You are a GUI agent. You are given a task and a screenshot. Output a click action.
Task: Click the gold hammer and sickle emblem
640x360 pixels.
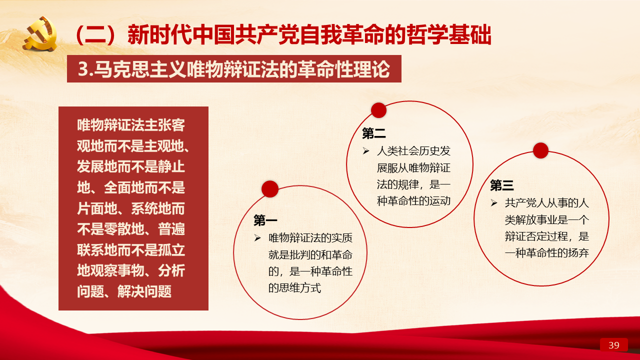(x=40, y=33)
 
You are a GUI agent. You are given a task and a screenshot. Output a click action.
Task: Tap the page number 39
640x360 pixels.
(x=613, y=345)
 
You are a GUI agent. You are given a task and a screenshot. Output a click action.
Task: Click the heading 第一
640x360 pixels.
(x=265, y=220)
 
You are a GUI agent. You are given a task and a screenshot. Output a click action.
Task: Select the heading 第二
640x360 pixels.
(x=373, y=133)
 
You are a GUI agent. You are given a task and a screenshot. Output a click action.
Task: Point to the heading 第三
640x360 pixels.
(x=501, y=185)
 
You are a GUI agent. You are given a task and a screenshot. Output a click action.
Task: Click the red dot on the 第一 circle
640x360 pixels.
(x=270, y=189)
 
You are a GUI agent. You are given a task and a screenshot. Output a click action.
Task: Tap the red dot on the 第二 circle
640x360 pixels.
(x=379, y=110)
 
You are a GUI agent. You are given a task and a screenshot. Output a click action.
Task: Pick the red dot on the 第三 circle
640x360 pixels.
(x=540, y=150)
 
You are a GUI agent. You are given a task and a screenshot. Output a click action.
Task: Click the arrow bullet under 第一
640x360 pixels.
(x=257, y=237)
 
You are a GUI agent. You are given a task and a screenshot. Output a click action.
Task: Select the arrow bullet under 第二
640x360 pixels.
(x=365, y=151)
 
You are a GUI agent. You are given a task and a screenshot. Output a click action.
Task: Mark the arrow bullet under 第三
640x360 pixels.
(x=494, y=203)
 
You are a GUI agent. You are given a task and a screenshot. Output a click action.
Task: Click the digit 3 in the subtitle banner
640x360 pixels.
(x=82, y=69)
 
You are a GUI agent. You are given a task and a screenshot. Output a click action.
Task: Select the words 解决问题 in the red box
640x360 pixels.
(x=144, y=291)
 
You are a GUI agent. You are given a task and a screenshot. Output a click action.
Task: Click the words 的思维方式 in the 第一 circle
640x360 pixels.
(x=294, y=288)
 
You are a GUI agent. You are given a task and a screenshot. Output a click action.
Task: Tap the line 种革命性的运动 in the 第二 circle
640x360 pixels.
(x=413, y=201)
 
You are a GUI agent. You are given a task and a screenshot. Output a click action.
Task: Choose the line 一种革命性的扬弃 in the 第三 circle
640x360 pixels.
(x=547, y=253)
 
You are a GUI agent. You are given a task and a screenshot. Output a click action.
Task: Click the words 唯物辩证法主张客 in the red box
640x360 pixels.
(x=131, y=125)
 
